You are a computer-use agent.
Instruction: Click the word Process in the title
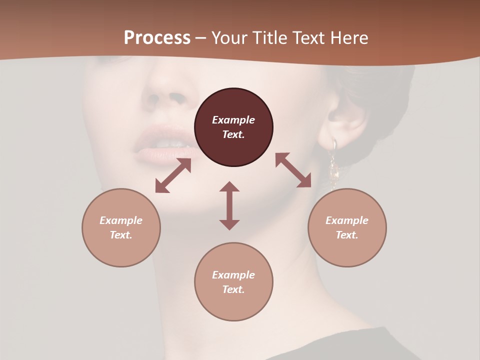157,38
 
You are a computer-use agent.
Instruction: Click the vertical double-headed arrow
229,205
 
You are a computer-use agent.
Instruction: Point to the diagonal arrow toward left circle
173,175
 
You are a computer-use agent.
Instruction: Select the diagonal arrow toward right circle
293,170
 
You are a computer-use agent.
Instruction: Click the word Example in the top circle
233,120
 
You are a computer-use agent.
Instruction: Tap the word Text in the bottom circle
233,289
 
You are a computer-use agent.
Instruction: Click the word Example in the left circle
121,220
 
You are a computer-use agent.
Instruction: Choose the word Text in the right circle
347,235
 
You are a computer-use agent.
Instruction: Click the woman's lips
160,145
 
